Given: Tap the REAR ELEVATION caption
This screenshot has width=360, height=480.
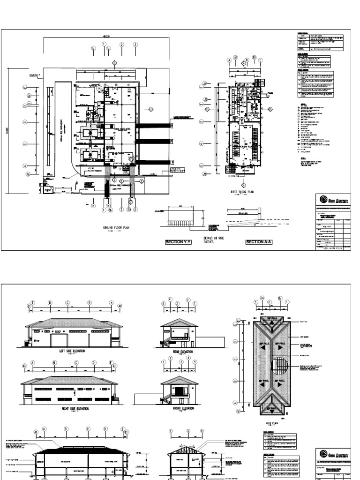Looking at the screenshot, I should [179, 350].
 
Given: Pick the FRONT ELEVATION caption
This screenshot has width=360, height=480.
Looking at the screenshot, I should [179, 408].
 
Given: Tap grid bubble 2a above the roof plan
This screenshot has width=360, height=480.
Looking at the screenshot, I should [262, 299].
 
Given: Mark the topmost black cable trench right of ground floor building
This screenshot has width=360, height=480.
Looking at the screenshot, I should [153, 125].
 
